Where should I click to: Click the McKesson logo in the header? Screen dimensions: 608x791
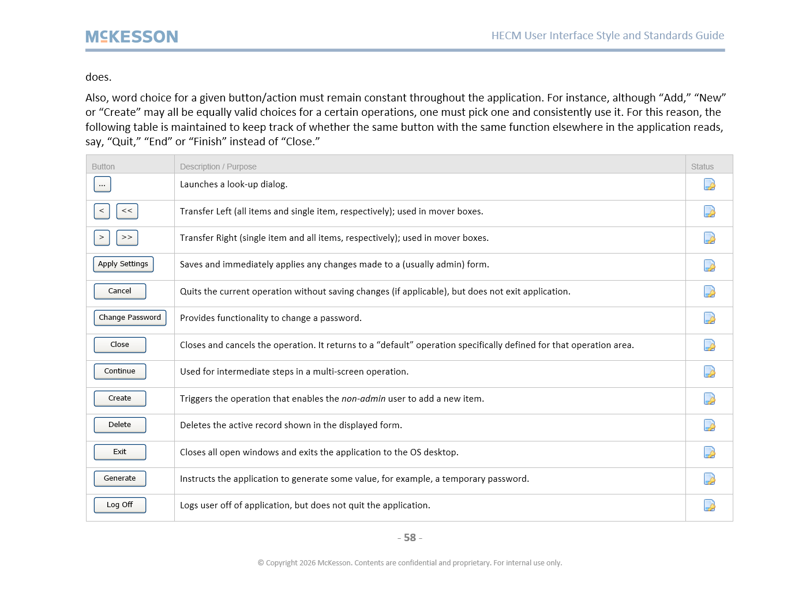[132, 37]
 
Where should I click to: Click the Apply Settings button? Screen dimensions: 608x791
[123, 264]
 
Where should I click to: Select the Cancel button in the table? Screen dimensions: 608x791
[119, 291]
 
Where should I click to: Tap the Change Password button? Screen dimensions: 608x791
[130, 318]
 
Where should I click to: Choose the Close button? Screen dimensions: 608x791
[119, 345]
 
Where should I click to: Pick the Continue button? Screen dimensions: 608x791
[119, 371]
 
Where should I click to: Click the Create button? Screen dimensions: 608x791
[119, 398]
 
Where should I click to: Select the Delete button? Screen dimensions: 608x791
[119, 425]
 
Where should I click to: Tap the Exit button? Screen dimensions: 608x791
[119, 452]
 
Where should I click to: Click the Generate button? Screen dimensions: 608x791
[119, 478]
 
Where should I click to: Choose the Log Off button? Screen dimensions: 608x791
[119, 505]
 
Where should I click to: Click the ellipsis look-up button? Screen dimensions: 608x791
[102, 184]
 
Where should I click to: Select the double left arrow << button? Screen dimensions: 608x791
[127, 211]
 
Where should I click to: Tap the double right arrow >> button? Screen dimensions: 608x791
[127, 237]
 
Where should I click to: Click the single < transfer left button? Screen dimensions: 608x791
[102, 211]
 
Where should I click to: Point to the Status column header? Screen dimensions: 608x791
[702, 167]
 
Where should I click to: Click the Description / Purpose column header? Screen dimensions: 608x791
[218, 167]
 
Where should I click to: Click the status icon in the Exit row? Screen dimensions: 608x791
[709, 452]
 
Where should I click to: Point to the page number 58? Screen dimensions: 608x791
[410, 538]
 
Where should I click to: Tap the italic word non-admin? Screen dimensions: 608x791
[363, 399]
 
